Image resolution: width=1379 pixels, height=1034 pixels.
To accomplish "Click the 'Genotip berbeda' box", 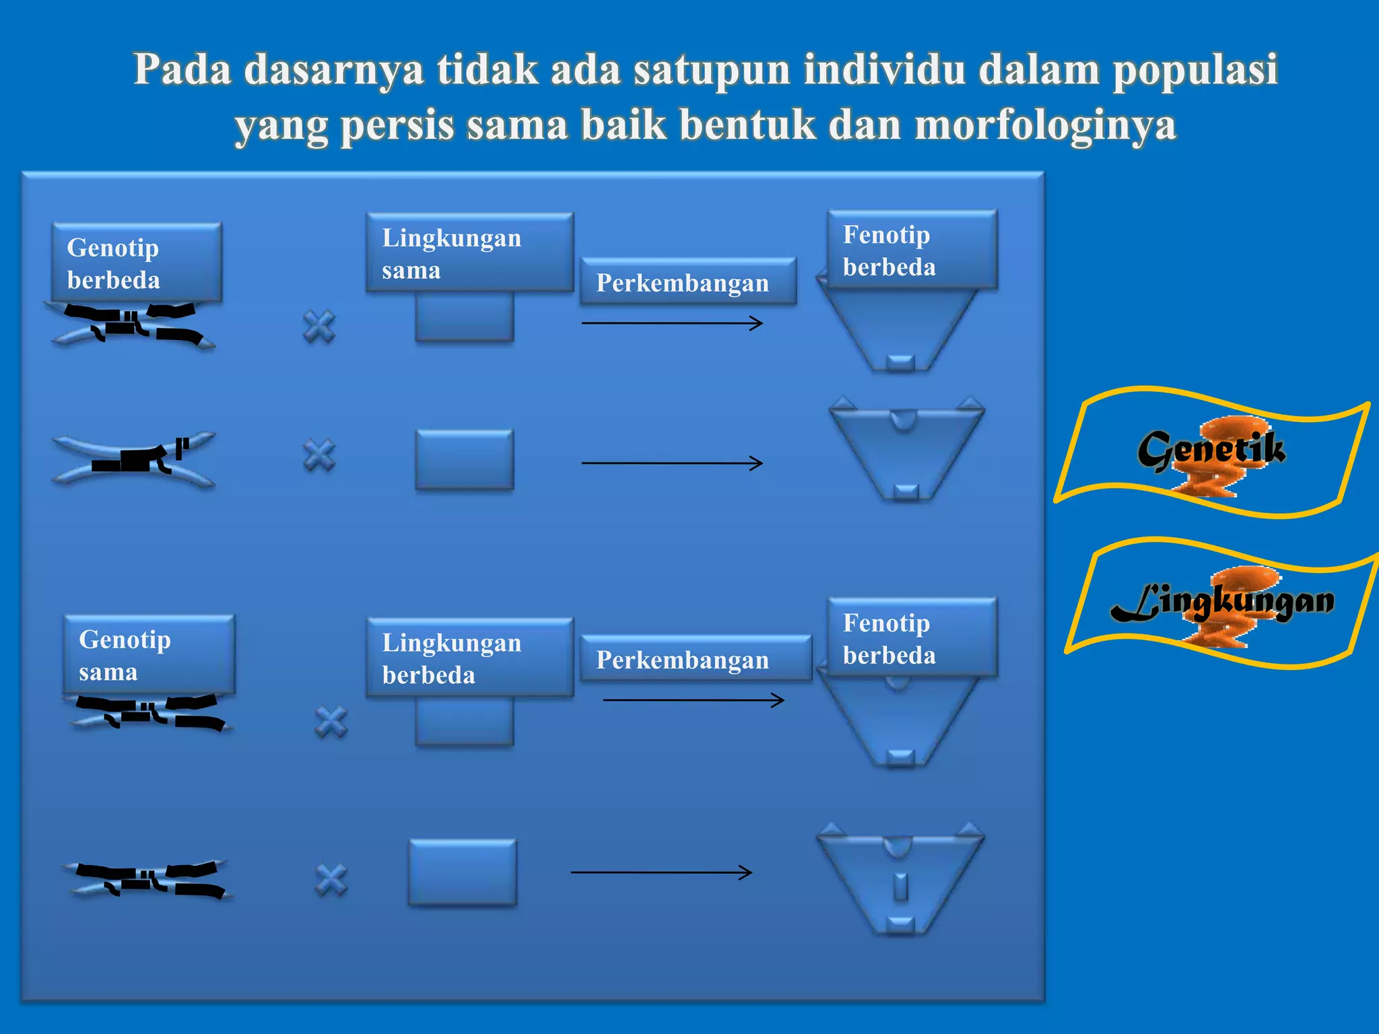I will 137,263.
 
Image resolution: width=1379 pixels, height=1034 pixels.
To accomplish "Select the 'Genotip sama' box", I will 149,654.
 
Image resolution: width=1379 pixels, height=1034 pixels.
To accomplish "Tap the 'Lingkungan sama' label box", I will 469,253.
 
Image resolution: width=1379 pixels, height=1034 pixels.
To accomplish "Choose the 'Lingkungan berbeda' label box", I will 469,658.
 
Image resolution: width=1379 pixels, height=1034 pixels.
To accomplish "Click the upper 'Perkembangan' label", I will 687,282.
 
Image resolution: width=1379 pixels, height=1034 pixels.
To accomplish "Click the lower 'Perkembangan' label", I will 696,659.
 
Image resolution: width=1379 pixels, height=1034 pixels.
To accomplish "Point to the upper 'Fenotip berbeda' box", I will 912,250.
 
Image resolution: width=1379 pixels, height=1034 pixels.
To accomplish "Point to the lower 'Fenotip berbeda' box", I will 912,638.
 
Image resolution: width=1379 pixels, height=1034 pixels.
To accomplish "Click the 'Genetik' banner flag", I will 1211,452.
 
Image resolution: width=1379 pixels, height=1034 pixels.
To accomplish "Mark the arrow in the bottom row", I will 661,872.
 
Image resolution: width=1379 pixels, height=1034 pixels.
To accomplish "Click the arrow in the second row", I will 672,463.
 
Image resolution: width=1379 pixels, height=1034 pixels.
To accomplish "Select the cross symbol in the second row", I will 319,456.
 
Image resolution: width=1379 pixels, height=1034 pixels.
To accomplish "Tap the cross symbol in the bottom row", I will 331,880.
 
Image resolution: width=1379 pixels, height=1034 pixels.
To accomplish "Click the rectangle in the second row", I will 465,459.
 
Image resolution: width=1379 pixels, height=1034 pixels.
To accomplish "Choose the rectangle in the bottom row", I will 463,872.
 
